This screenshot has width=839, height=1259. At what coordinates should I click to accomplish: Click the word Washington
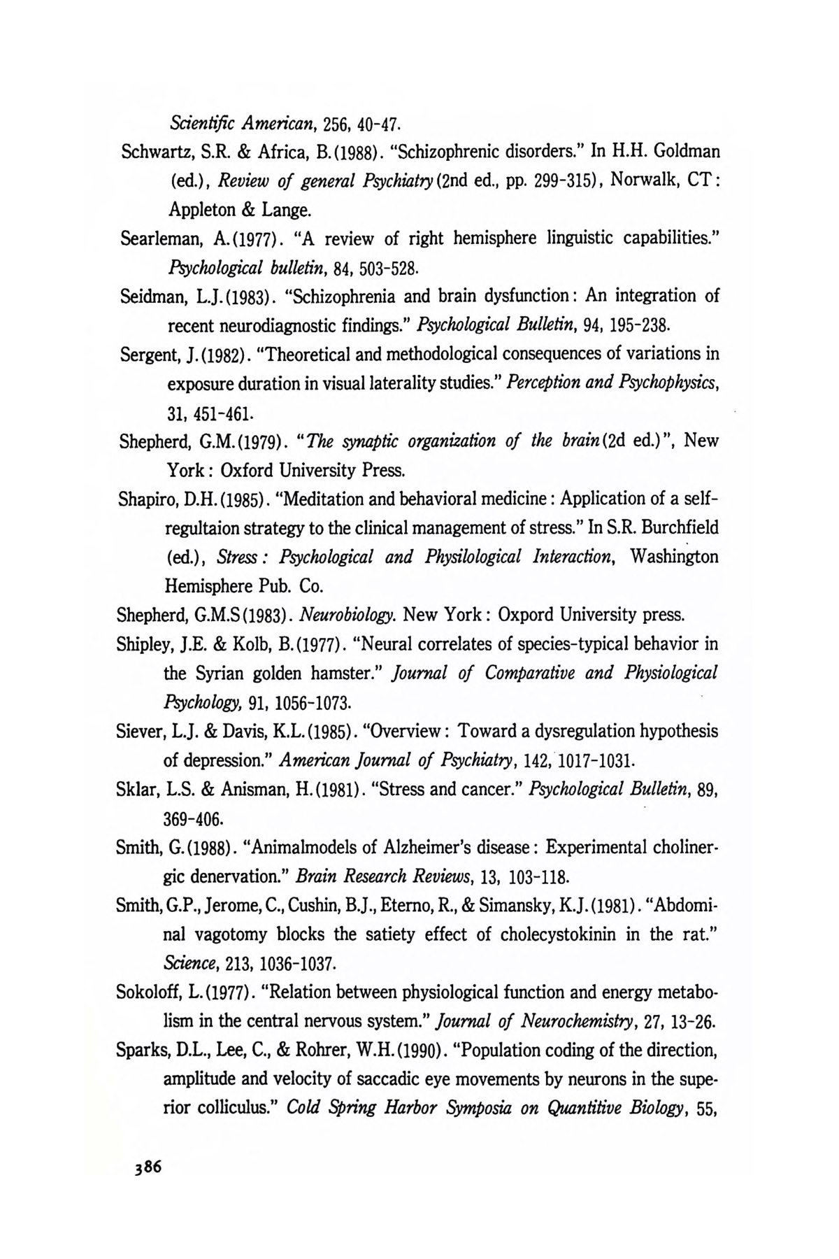(x=675, y=557)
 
